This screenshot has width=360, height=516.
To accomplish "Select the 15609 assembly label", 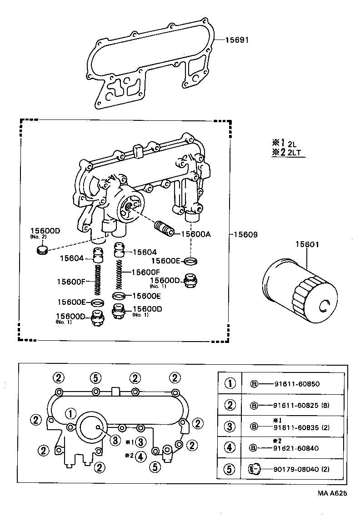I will pyautogui.click(x=246, y=235).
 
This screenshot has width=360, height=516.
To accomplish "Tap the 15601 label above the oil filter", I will pyautogui.click(x=308, y=244).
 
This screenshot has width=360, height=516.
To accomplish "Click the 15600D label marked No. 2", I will pyautogui.click(x=45, y=231).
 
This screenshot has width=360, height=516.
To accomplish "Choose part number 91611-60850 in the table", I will pyautogui.click(x=297, y=384).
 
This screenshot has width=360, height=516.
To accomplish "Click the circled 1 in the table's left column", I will pyautogui.click(x=230, y=384).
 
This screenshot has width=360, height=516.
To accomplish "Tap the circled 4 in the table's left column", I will pyautogui.click(x=230, y=448).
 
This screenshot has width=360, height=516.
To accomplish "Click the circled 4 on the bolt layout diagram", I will pyautogui.click(x=141, y=456).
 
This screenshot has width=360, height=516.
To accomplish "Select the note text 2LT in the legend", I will pyautogui.click(x=294, y=153).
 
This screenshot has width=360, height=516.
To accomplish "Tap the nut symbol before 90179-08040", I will pyautogui.click(x=255, y=469).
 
